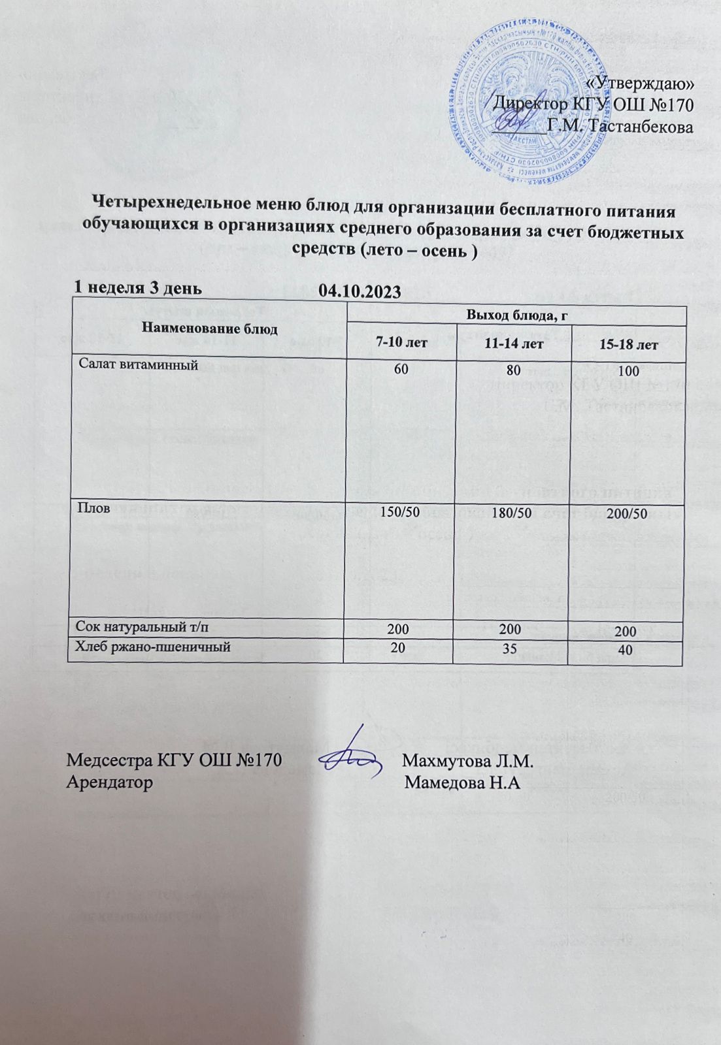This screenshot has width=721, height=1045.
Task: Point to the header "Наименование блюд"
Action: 210,329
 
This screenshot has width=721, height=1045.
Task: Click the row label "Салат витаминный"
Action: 138,365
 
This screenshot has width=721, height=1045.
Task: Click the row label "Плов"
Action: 90,508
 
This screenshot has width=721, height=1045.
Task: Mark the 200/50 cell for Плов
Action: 626,514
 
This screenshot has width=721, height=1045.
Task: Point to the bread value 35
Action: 512,648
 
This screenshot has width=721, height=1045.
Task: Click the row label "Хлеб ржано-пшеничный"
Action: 153,647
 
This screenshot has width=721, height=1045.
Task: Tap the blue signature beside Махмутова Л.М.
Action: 354,757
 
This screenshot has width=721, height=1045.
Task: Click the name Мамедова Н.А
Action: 462,782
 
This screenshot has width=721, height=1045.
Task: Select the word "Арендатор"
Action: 110,782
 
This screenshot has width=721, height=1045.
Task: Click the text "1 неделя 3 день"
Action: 137,287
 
